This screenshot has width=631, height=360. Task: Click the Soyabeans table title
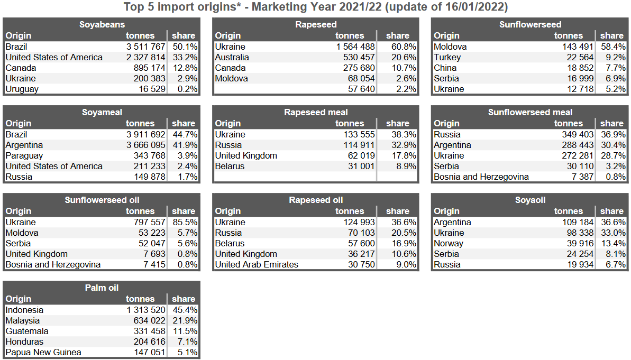102,24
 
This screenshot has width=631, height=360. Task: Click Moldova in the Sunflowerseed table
450,47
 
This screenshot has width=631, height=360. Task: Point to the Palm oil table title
102,288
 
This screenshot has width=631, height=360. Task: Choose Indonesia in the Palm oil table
24,310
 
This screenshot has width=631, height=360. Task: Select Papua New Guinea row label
43,352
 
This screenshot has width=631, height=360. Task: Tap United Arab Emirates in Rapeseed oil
257,264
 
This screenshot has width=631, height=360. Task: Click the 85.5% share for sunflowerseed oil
185,222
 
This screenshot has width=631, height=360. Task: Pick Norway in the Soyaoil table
448,243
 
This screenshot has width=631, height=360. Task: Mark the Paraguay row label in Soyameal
24,155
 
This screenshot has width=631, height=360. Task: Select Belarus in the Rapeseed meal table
230,166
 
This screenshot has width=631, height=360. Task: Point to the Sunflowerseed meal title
530,112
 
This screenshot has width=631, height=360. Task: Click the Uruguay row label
22,89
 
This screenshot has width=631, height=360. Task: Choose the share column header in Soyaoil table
611,211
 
